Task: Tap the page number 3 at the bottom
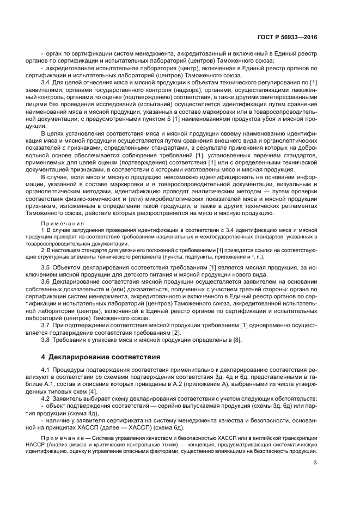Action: tap(315, 463)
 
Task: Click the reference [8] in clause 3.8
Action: tap(237, 340)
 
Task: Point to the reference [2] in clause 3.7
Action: tap(176, 332)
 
